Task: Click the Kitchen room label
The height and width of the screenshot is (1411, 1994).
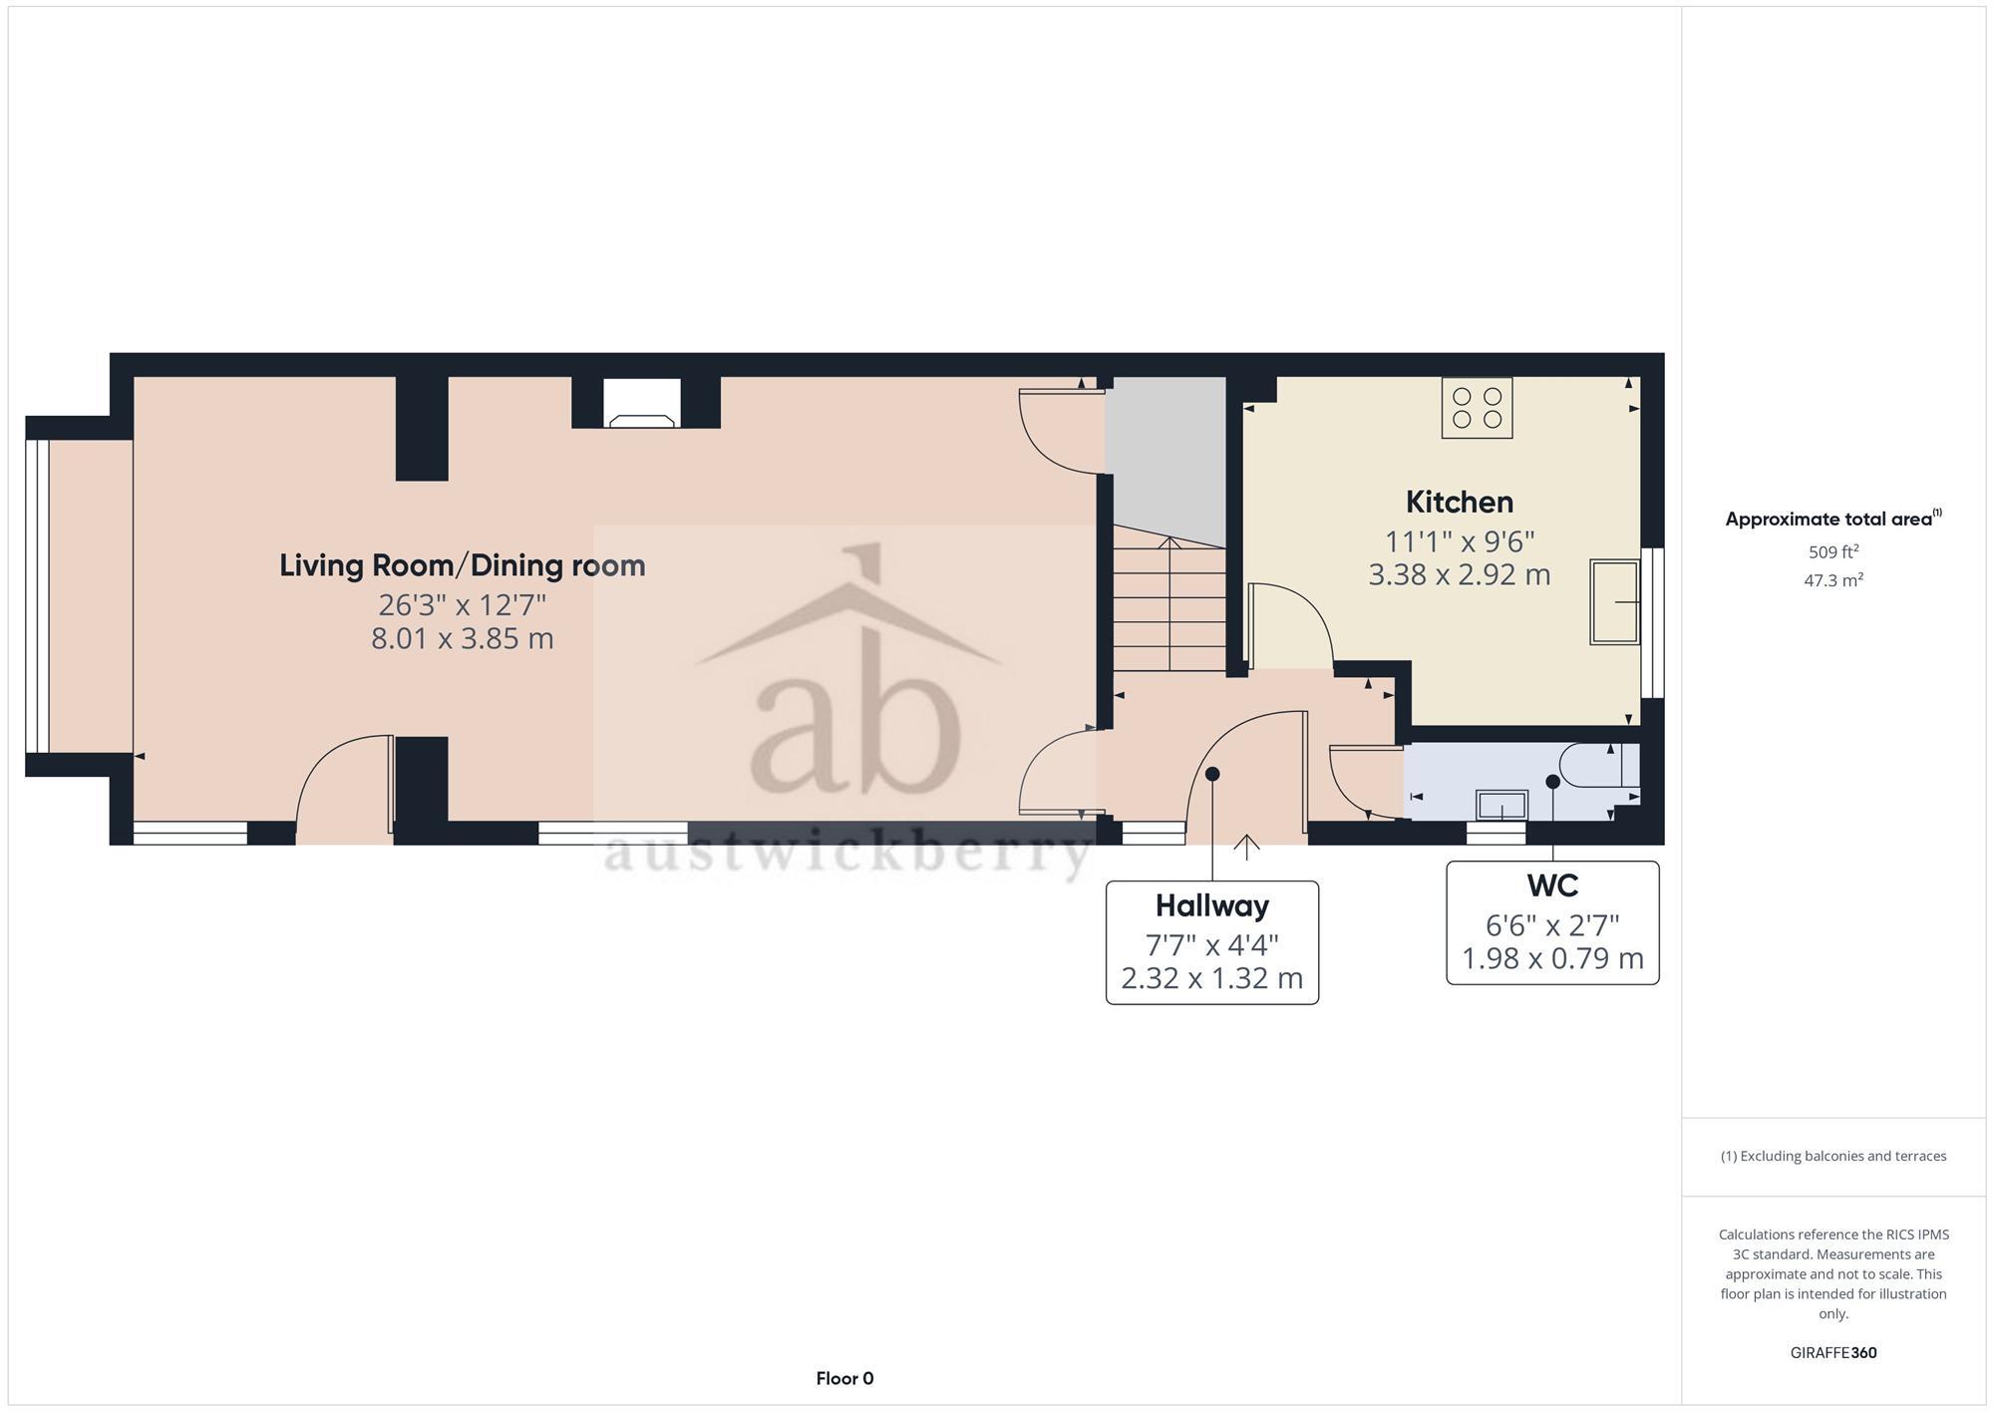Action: click(x=1459, y=502)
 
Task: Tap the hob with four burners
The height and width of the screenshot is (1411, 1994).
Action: click(x=1477, y=408)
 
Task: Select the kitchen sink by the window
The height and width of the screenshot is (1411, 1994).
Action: click(x=1614, y=602)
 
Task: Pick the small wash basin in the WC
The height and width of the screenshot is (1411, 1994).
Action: click(x=1501, y=804)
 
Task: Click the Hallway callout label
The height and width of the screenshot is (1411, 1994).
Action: click(x=1211, y=905)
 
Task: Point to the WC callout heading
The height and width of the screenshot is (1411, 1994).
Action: click(x=1551, y=885)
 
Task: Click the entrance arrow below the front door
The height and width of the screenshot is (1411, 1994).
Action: click(x=1246, y=847)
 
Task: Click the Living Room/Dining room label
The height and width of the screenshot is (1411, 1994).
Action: click(x=462, y=565)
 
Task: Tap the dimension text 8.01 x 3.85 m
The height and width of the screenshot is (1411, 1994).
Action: click(x=462, y=638)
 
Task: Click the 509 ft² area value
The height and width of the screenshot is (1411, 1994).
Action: click(x=1832, y=551)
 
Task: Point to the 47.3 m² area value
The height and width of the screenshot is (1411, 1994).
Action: click(x=1832, y=580)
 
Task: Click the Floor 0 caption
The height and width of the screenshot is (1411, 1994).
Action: click(x=844, y=1378)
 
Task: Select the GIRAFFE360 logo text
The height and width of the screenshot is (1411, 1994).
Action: click(x=1832, y=1353)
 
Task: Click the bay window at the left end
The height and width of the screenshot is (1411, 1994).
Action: click(x=37, y=596)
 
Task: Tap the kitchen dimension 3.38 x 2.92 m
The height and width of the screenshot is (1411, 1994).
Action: click(x=1459, y=575)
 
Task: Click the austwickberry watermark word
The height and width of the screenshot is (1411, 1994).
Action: click(x=847, y=854)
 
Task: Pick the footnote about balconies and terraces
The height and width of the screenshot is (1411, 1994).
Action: click(x=1832, y=1156)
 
